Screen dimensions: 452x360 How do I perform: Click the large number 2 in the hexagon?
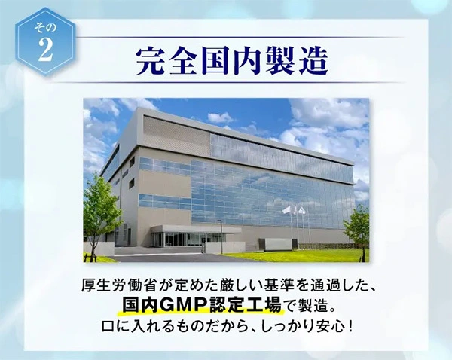45,49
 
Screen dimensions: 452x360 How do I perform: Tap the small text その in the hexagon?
45,28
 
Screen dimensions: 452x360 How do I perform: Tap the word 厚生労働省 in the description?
119,285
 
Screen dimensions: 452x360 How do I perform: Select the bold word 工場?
264,305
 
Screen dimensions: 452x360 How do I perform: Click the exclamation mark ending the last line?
350,327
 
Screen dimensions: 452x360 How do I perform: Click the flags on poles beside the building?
295,210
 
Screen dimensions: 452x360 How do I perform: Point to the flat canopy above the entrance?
196,230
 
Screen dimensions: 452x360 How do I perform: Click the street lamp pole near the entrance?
221,236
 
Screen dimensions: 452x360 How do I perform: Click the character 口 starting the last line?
108,327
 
